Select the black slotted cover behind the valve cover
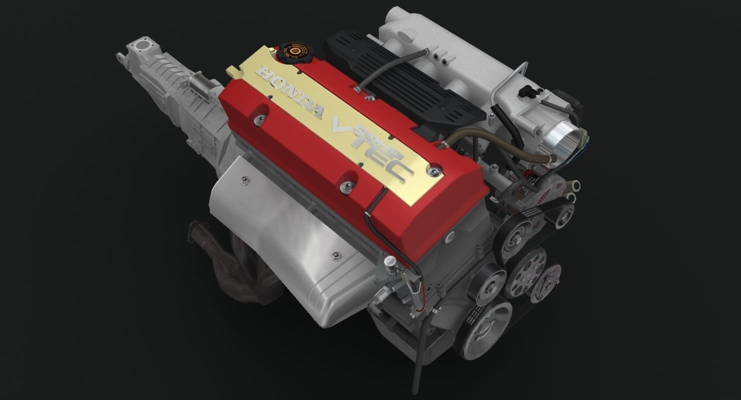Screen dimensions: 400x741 coord(401,80)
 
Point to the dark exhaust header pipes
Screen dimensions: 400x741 coord(220,260)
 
